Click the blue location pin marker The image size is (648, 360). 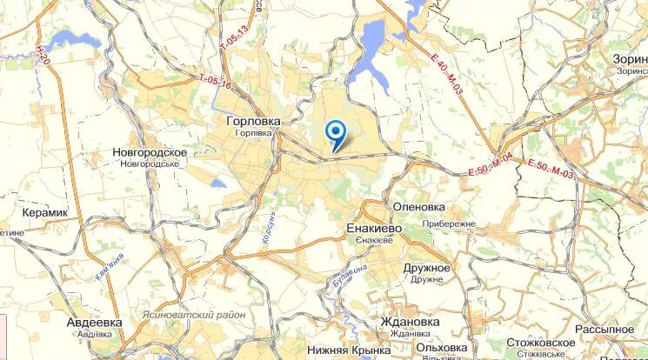[x=335, y=133]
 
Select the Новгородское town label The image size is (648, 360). [x=150, y=152]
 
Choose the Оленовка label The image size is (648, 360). [x=419, y=207]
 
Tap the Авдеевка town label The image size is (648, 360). [x=94, y=322]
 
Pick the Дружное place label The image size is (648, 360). [x=426, y=268]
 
